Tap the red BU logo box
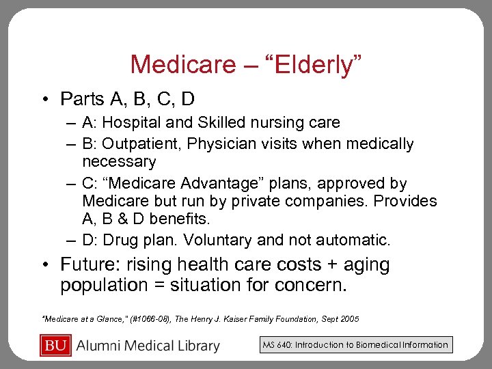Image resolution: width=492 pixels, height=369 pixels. pos(55,345)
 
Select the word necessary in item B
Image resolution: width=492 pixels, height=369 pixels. pos(119,162)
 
